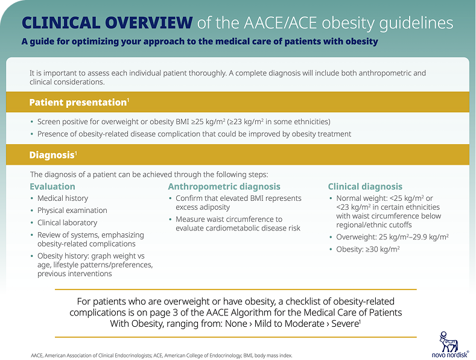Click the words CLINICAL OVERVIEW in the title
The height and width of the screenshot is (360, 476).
[x=107, y=23]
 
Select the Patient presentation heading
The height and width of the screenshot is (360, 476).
[x=77, y=102]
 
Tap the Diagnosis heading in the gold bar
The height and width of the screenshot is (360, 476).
[x=52, y=155]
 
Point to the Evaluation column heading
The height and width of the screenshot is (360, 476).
[x=52, y=186]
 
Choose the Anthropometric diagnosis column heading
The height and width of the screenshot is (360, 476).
[x=224, y=186]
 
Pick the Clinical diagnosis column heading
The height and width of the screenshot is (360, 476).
[x=364, y=186]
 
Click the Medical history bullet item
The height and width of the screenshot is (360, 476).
[x=62, y=198]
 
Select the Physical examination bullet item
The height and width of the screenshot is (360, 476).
[x=72, y=210]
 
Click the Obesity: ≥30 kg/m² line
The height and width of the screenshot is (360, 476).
[x=368, y=249]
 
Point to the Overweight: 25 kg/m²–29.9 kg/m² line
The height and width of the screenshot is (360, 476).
[x=392, y=237]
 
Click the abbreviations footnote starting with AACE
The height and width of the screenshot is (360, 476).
[x=161, y=355]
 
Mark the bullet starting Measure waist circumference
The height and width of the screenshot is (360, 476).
[x=229, y=223]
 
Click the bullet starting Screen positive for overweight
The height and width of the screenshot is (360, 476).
[x=183, y=122]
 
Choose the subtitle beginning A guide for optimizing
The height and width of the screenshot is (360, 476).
[x=200, y=42]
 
